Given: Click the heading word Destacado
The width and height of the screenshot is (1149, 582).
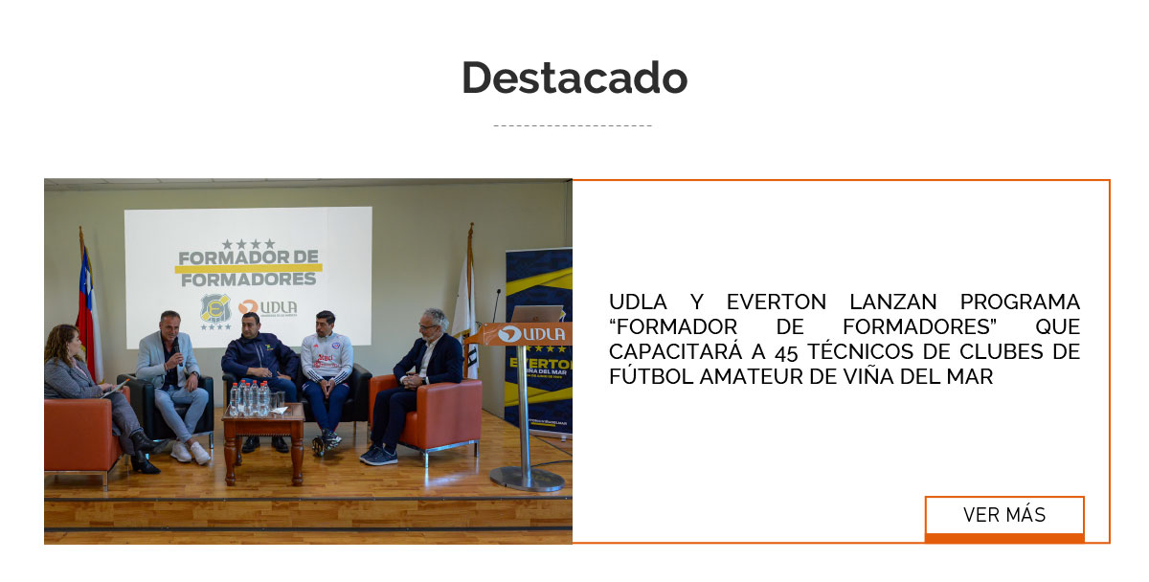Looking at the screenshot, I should pos(574,78).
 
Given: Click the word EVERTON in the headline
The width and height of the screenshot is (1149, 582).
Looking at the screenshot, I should pos(777,302).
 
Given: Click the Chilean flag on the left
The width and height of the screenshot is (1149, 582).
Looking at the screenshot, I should pos(88,306).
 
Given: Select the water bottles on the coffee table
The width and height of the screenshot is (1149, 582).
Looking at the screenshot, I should pos(251,397).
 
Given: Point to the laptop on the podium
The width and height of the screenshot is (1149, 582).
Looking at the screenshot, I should pos(537,314).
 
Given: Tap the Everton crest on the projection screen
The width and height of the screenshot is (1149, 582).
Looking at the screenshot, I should pos(214,309).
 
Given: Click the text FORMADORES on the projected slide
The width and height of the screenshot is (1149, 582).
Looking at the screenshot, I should pos(248,280).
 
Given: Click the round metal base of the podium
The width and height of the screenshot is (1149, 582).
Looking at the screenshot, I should pos(527,478).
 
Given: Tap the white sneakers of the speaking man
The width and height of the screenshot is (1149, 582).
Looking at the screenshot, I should pos(189,452).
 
